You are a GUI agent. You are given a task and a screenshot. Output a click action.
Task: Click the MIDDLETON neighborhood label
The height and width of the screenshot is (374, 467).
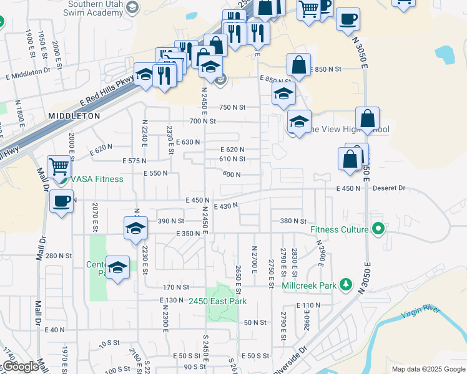click(74, 116)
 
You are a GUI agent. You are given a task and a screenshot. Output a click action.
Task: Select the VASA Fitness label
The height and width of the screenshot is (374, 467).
click(97, 179)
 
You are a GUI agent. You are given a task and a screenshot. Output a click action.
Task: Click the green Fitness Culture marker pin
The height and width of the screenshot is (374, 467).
click(377, 229)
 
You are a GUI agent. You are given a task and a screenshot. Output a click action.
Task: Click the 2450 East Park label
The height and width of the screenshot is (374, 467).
click(218, 302)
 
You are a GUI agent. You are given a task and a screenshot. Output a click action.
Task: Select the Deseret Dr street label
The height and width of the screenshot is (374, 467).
click(389, 188)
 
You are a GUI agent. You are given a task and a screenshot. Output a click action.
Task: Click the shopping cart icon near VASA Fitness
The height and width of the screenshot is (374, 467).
click(59, 166)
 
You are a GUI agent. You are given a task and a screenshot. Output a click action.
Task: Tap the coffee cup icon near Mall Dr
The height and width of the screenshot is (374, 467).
click(61, 201)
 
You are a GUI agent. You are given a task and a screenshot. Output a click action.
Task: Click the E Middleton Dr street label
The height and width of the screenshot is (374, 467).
click(27, 72)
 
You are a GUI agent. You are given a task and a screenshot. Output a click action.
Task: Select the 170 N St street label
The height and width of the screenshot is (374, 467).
click(176, 287)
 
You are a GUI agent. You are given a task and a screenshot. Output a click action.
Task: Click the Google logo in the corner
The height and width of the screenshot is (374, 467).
click(21, 367)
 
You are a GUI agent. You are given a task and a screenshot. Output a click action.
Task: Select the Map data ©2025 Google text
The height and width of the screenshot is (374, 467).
click(428, 369)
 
